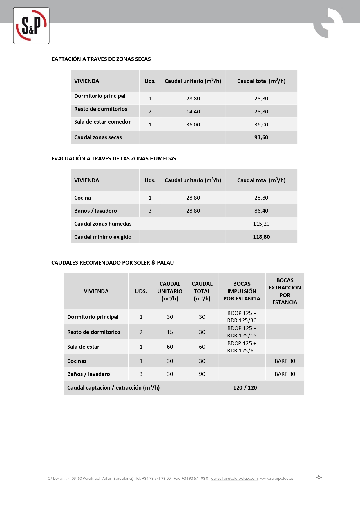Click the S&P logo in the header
coord(31,26)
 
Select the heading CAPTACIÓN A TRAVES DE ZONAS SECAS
coord(101,59)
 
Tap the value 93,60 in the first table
coord(261,137)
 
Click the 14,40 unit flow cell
coord(193,112)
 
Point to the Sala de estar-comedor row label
coord(102,122)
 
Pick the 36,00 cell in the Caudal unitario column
coord(193,125)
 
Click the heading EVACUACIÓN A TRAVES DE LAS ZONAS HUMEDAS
coord(114,159)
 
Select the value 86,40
coord(261,211)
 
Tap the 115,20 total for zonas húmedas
coord(261,224)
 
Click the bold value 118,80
coord(261,237)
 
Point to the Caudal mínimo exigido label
coord(103,237)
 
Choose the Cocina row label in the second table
coord(82,198)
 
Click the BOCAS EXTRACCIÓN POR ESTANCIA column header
coord(285,291)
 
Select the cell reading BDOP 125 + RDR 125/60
coord(242,347)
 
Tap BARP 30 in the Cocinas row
coord(285,361)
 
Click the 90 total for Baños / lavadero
coord(202,374)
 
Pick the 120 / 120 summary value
coord(245,388)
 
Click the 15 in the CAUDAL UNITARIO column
coord(170,332)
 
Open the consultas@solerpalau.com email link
coord(234,479)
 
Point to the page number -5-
coord(319,477)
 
